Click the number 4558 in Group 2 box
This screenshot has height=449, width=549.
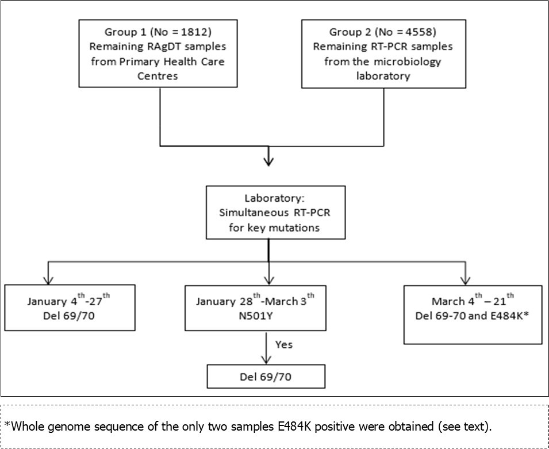click(x=426, y=32)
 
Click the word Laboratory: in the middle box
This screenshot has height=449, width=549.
click(x=275, y=199)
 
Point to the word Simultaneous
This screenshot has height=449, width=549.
click(x=249, y=212)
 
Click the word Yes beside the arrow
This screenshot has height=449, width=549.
click(x=283, y=345)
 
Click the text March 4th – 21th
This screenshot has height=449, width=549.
click(x=473, y=301)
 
